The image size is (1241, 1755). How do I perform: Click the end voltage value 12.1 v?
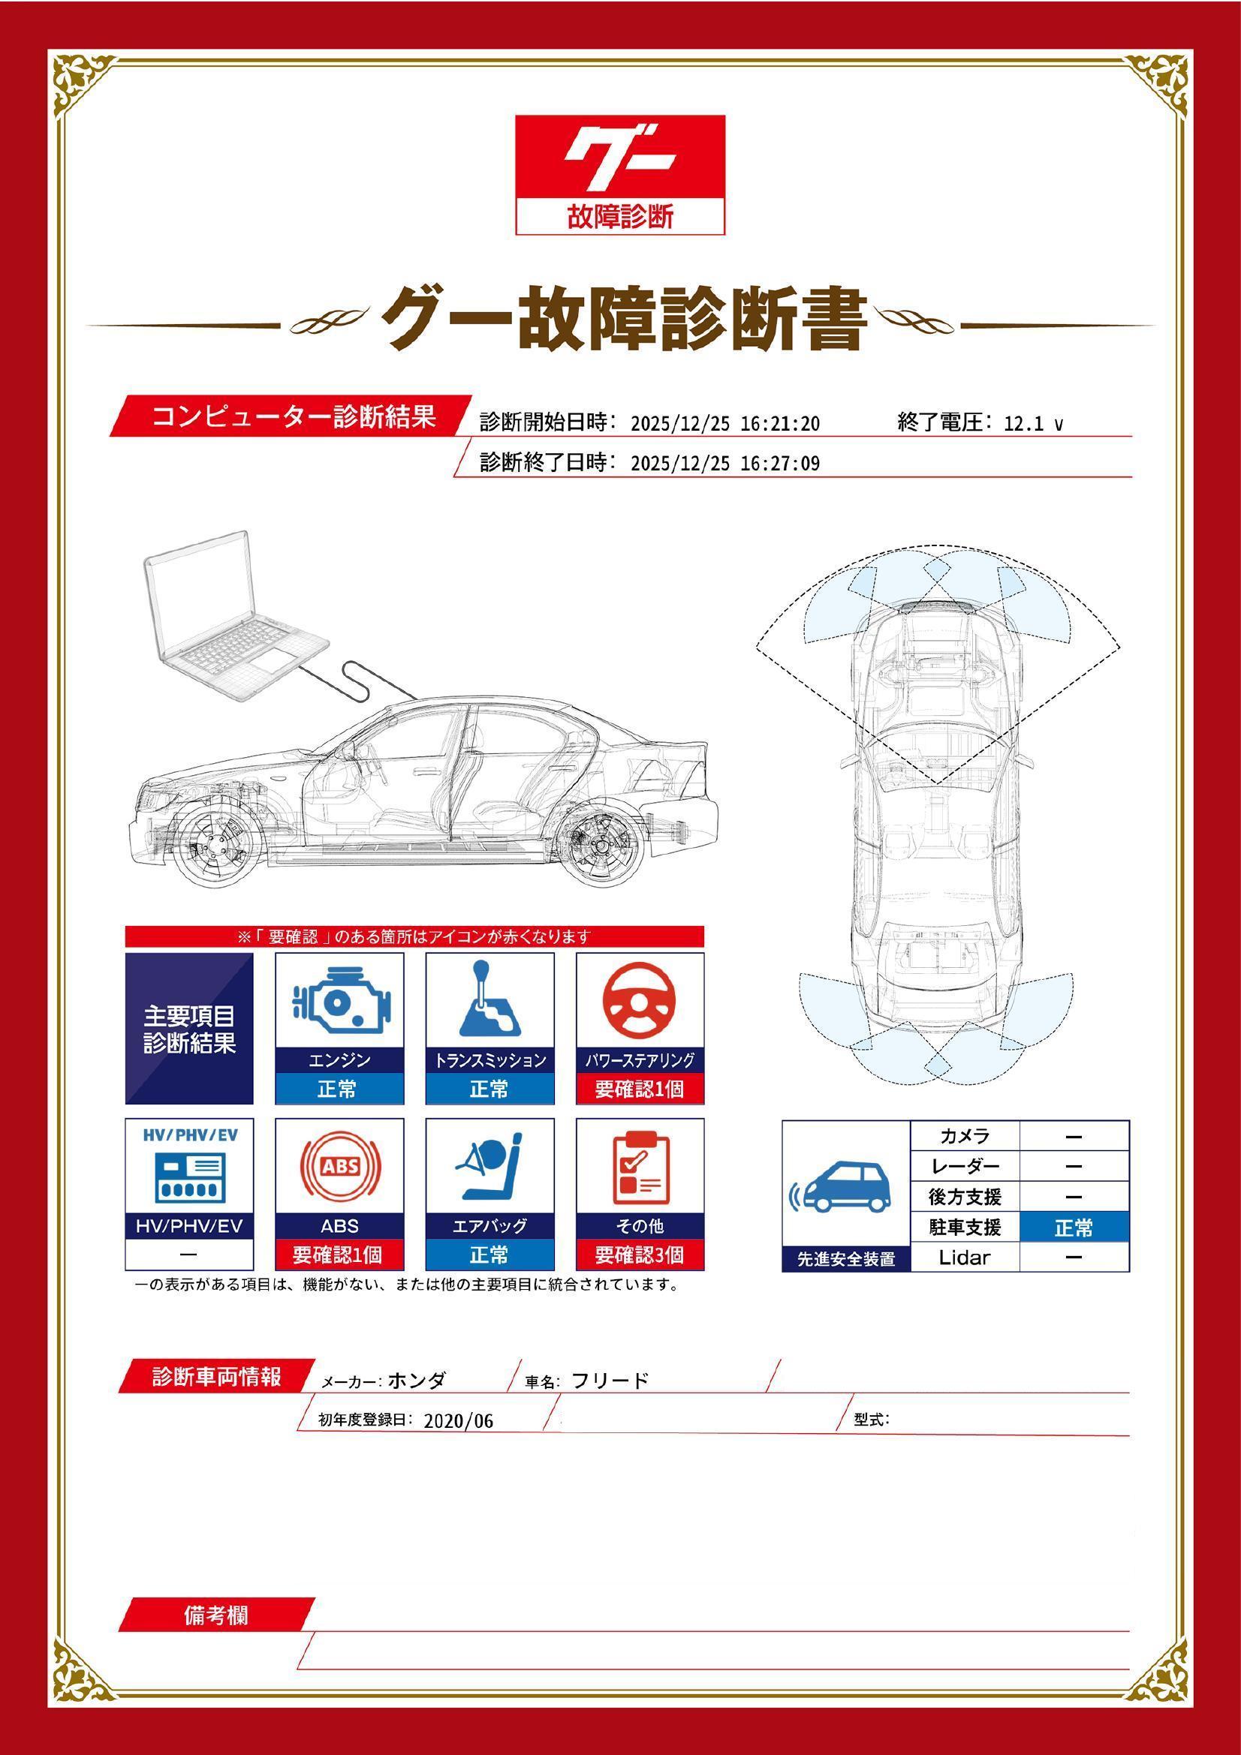coord(1032,424)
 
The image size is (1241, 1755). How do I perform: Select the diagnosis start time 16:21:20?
coord(780,424)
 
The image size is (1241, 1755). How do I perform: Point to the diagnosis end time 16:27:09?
coord(780,464)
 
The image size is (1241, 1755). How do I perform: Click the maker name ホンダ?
coord(417,1381)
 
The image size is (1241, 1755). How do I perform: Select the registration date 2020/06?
coord(458,1422)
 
